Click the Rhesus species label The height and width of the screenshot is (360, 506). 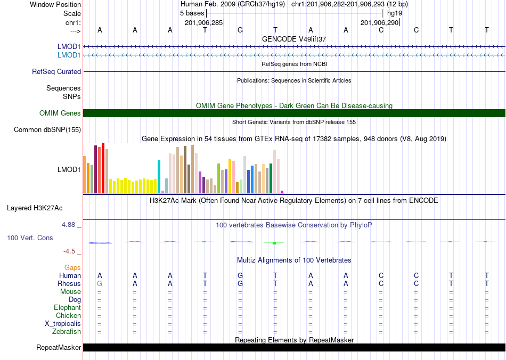tap(69, 283)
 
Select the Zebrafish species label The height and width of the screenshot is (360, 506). tap(67, 331)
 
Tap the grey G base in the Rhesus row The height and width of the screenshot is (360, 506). tap(100, 283)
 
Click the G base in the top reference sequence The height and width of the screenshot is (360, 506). tap(240, 30)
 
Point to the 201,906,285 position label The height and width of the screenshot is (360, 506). tap(203, 22)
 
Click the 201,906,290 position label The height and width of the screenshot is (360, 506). tap(379, 22)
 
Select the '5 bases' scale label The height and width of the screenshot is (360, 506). tap(192, 13)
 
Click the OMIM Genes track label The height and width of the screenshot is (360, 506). tap(60, 113)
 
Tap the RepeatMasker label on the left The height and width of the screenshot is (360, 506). tap(59, 347)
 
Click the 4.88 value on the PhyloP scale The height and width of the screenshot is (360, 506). tap(68, 225)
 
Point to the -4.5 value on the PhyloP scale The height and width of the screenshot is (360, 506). tap(69, 251)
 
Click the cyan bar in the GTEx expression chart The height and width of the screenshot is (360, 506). tap(159, 177)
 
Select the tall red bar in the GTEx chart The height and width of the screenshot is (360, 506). tap(103, 168)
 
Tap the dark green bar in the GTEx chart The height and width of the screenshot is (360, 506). tap(271, 178)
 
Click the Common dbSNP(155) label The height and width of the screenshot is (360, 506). tap(47, 130)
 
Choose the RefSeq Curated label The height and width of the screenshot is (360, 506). tap(56, 71)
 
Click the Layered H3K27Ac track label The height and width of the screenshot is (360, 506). tap(35, 208)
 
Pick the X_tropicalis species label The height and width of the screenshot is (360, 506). tap(63, 324)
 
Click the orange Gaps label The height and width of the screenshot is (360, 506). tap(72, 268)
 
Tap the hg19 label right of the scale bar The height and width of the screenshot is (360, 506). tap(395, 13)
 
